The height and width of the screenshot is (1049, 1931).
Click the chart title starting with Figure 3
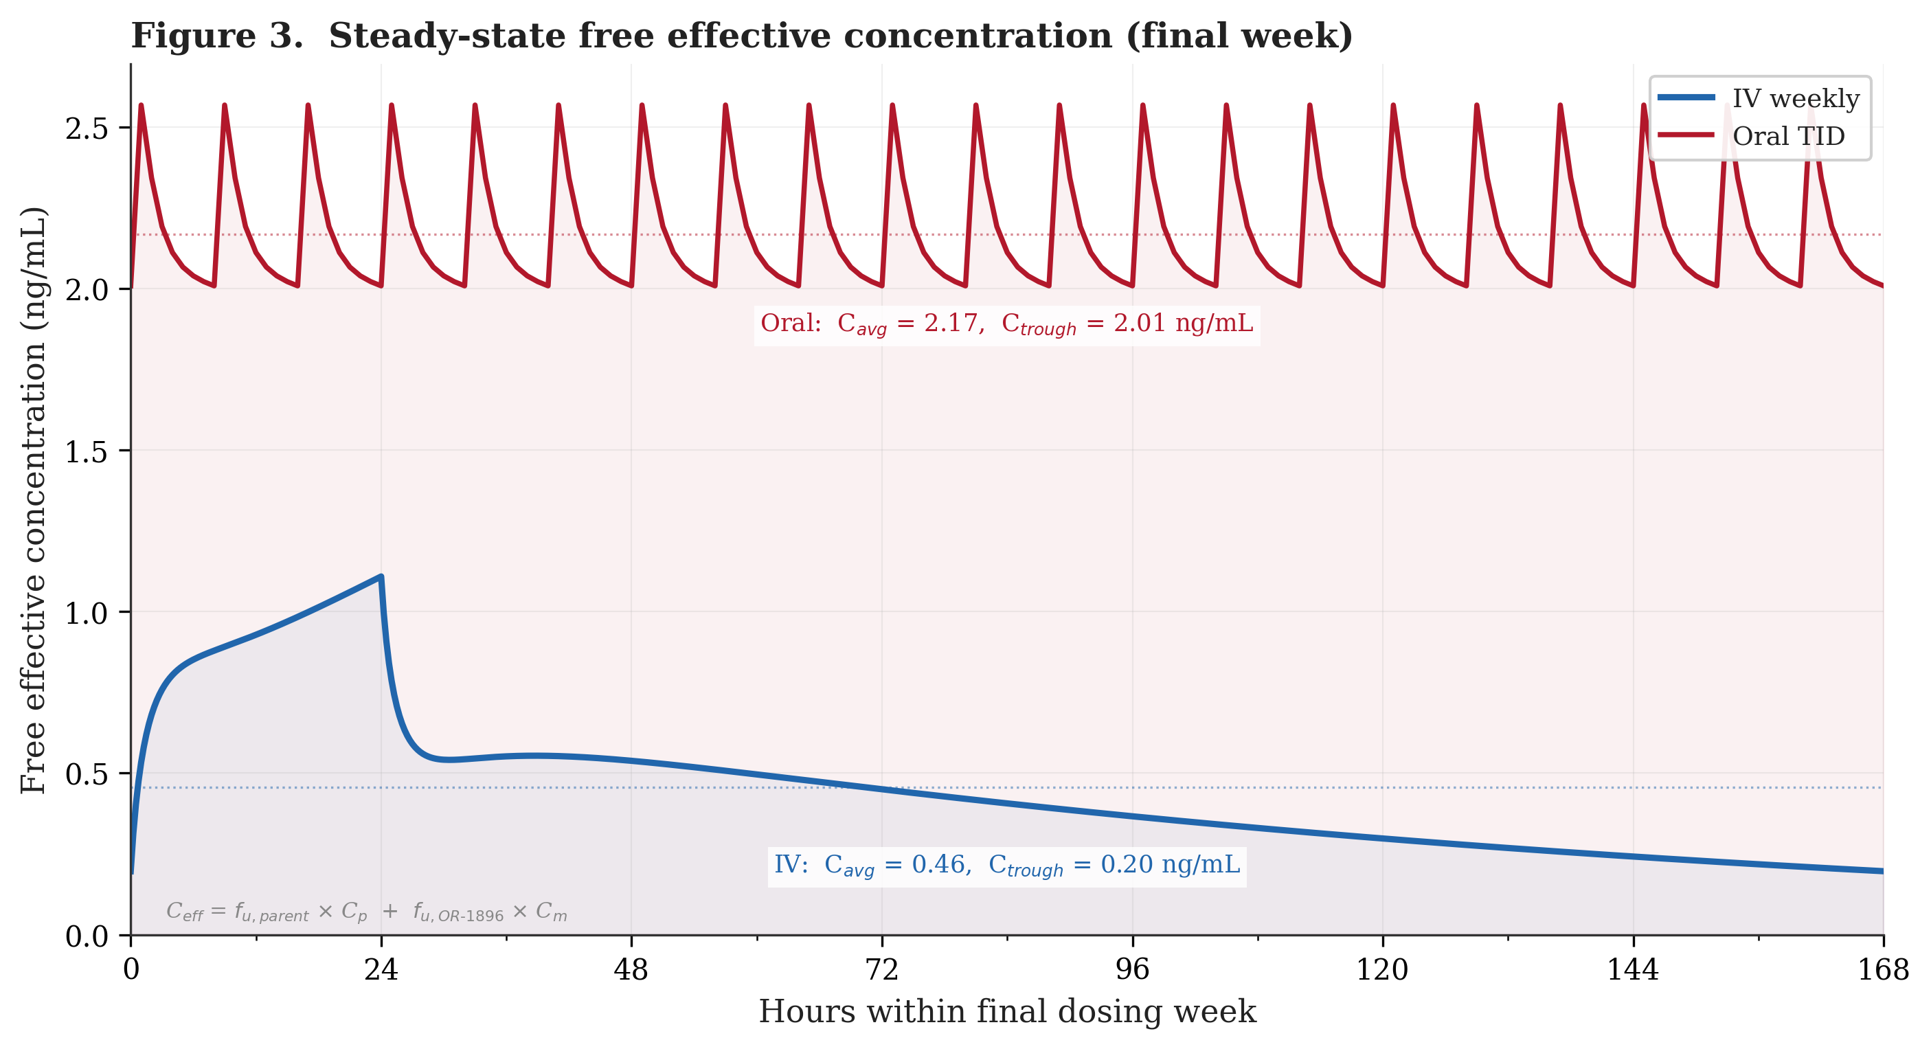click(x=741, y=36)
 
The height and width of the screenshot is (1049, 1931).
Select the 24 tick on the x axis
click(x=381, y=970)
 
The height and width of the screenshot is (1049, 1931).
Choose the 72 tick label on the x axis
click(x=881, y=970)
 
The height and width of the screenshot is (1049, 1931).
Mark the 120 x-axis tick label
click(x=1382, y=970)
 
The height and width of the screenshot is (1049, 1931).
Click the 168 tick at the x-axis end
click(x=1882, y=970)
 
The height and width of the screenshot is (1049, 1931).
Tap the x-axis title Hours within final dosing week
click(x=1007, y=1011)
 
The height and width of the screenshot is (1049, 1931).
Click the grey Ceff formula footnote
click(x=367, y=912)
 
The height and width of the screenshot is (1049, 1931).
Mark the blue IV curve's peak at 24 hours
click(x=381, y=576)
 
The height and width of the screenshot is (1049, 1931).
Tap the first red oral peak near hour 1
click(x=141, y=105)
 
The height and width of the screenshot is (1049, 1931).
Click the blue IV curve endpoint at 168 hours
click(x=1882, y=870)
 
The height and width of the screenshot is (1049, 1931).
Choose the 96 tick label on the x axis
click(x=1132, y=970)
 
